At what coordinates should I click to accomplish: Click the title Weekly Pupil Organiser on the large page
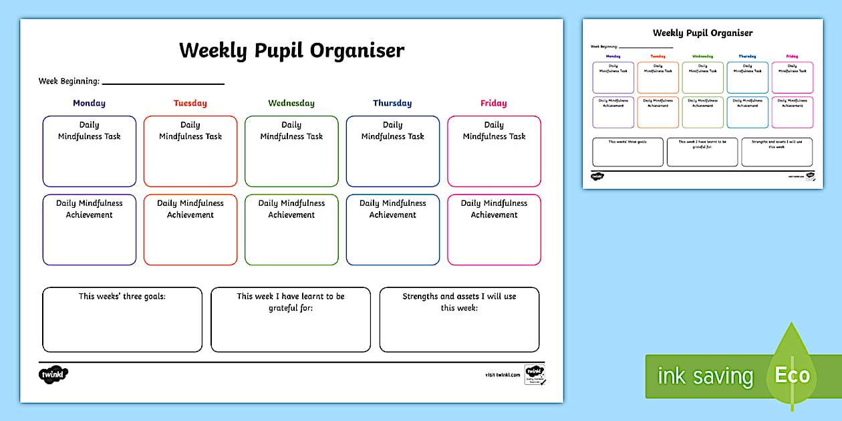[291, 51]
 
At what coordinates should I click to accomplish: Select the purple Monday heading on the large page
[89, 104]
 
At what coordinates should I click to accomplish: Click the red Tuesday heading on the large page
[190, 104]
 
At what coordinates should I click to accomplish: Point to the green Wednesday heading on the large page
[291, 104]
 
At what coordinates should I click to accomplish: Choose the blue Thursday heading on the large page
[392, 104]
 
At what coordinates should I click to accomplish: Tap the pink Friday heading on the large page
[494, 104]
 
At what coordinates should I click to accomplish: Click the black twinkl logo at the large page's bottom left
[54, 375]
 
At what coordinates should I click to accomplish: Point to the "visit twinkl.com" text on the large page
[503, 376]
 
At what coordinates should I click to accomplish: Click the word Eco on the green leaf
[792, 376]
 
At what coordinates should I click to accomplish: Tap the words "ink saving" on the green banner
[705, 376]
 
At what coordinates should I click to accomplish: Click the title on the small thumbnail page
[702, 33]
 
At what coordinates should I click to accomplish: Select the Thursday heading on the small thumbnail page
[747, 56]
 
